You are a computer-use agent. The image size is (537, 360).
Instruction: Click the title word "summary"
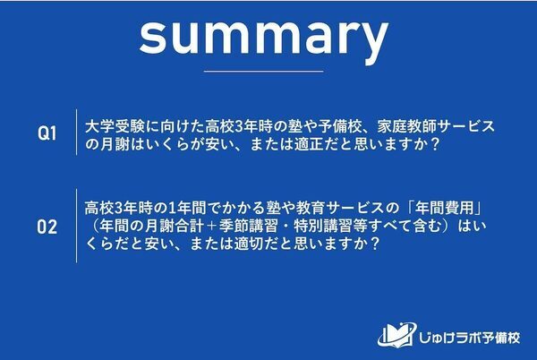coord(264,35)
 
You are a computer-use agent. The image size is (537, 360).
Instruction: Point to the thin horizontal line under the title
coord(264,70)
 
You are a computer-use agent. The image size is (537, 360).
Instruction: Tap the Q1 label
coord(47,133)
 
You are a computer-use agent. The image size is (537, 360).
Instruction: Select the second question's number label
coord(47,227)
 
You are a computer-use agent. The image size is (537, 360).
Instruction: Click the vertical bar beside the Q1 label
coord(73,133)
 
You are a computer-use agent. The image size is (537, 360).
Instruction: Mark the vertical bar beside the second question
coord(73,227)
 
